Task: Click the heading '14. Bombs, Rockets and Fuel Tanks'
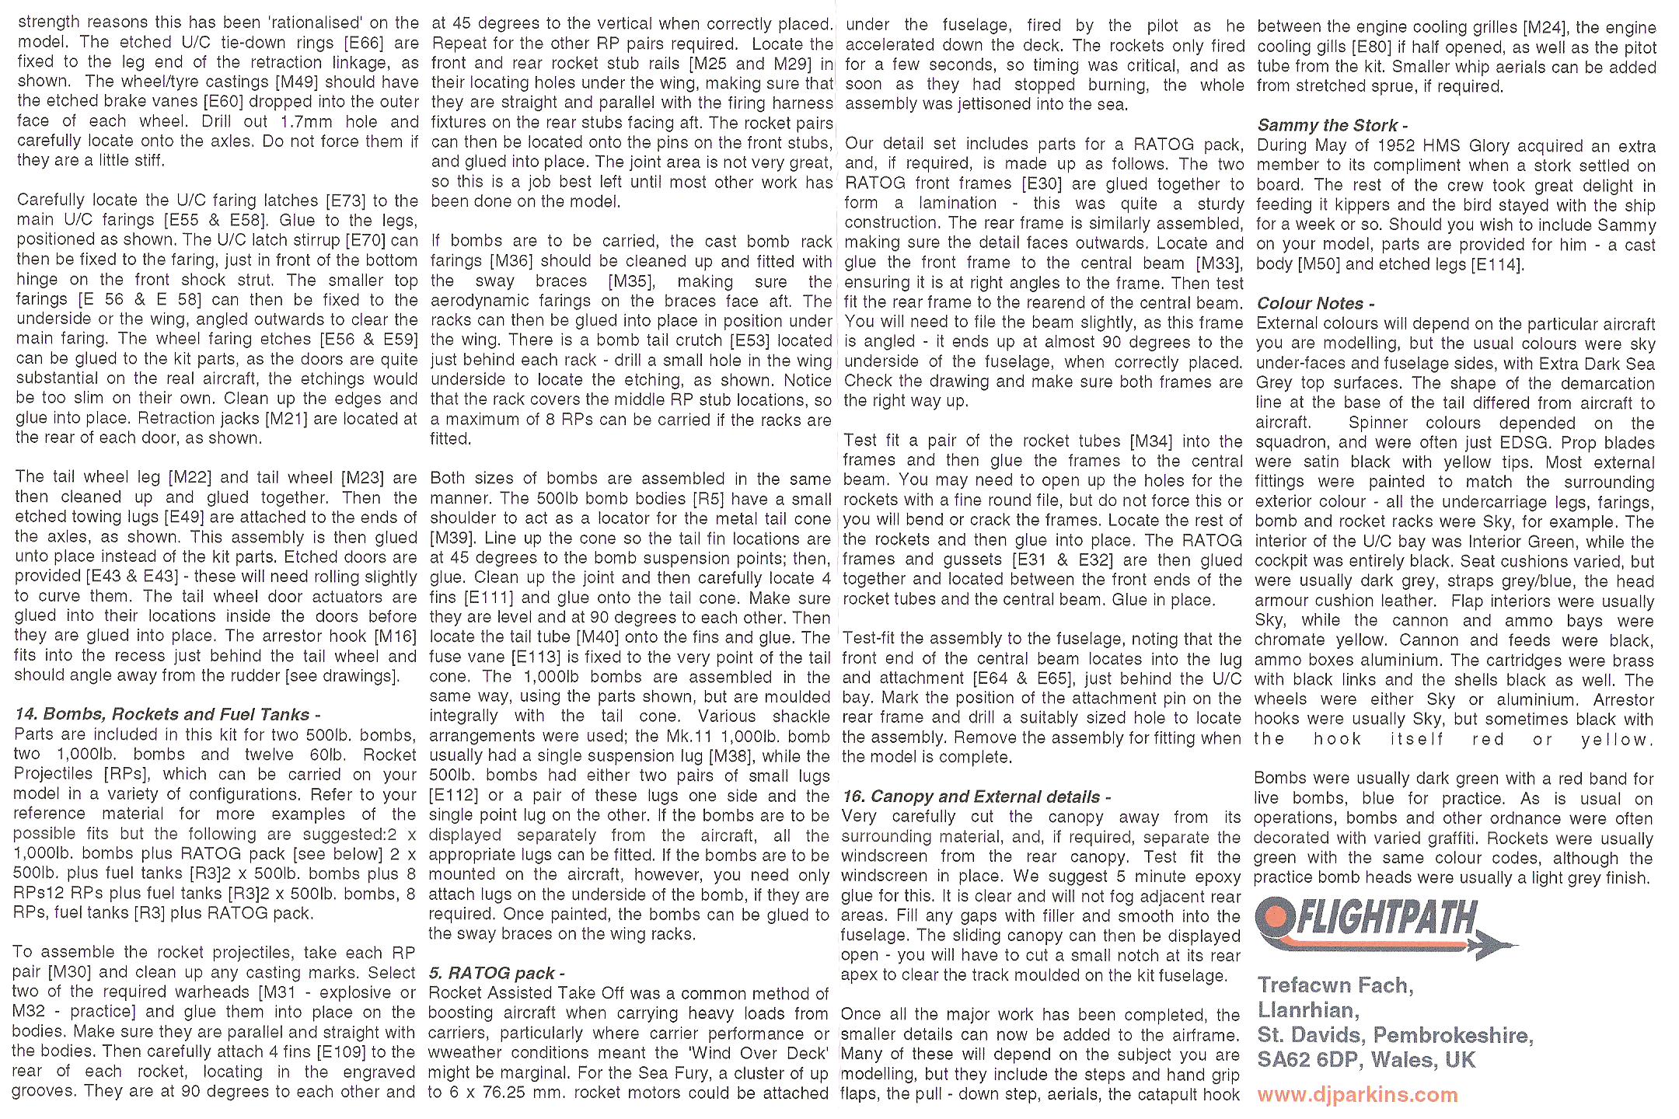167,714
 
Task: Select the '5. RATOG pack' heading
497,973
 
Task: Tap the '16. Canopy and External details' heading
976,797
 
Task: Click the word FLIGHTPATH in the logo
1388,919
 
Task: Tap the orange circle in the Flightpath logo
1276,919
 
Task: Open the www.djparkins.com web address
1357,1095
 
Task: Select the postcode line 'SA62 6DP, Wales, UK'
1366,1060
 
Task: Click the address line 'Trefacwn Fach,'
1335,985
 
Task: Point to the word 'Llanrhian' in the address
1307,1010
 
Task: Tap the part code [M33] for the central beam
1219,263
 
